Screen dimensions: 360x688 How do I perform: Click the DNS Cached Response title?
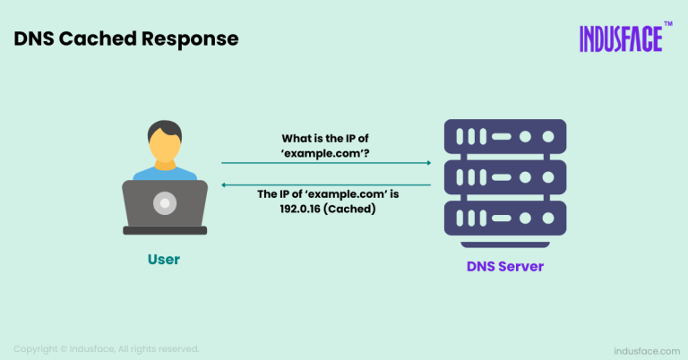pos(126,39)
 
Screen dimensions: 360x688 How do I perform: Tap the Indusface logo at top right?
pos(620,39)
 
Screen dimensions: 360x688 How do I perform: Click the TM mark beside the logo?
pos(668,26)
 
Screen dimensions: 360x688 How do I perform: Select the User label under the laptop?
pos(164,260)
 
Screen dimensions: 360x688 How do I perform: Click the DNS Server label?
pos(505,267)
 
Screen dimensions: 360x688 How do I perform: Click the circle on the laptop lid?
pos(165,204)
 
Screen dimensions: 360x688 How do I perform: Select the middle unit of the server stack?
pos(505,177)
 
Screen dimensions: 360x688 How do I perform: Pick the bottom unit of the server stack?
pos(505,218)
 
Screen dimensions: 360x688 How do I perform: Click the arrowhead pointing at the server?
pos(428,163)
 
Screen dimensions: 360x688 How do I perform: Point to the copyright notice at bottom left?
pos(106,348)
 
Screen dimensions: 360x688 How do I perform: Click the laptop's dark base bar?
pos(165,230)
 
